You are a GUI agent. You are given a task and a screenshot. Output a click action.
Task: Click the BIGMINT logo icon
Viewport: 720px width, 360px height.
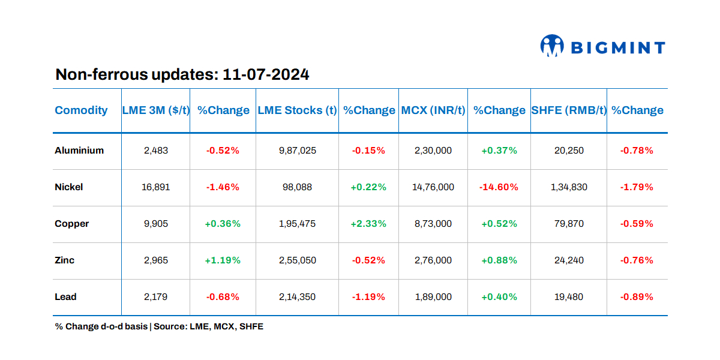tap(552, 46)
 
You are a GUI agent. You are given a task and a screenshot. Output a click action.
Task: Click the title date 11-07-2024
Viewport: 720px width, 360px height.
tap(266, 74)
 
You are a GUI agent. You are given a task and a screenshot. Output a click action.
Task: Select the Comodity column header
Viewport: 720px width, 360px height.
tap(81, 110)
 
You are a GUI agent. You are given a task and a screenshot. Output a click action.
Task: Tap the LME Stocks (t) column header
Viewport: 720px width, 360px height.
tap(297, 110)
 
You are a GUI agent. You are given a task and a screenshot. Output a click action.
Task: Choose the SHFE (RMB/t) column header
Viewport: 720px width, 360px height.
tap(569, 110)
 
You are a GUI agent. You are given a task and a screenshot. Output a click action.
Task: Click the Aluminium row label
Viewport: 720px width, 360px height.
tap(79, 151)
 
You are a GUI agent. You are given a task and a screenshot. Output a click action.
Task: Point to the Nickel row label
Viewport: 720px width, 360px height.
tap(69, 187)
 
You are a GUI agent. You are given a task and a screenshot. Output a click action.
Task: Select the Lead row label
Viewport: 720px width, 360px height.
tap(66, 297)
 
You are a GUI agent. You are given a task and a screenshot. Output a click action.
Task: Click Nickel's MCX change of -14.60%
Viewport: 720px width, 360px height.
tap(499, 187)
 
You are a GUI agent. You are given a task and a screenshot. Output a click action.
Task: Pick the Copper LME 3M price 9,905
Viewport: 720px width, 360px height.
tap(156, 224)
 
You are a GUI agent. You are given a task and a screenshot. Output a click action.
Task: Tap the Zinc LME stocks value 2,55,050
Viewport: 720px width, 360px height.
tap(298, 260)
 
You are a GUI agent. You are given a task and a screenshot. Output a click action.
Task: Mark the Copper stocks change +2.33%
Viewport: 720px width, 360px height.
tap(368, 224)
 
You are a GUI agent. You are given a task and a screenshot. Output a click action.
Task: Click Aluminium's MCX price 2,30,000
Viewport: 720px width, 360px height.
tap(433, 151)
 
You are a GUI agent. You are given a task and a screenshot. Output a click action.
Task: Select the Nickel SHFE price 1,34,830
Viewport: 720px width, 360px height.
tap(569, 187)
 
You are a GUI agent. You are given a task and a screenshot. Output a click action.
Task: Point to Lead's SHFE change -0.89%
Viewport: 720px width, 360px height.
tap(637, 297)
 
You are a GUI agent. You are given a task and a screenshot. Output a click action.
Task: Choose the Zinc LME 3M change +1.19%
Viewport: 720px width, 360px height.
tap(223, 260)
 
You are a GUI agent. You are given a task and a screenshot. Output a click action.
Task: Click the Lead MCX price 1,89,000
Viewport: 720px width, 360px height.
tap(433, 297)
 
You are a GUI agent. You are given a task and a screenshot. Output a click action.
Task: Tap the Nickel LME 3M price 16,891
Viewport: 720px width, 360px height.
tap(156, 187)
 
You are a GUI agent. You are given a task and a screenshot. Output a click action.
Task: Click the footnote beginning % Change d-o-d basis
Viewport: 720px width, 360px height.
tap(159, 327)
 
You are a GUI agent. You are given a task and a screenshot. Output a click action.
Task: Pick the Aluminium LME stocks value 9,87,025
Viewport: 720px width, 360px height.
tap(298, 151)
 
